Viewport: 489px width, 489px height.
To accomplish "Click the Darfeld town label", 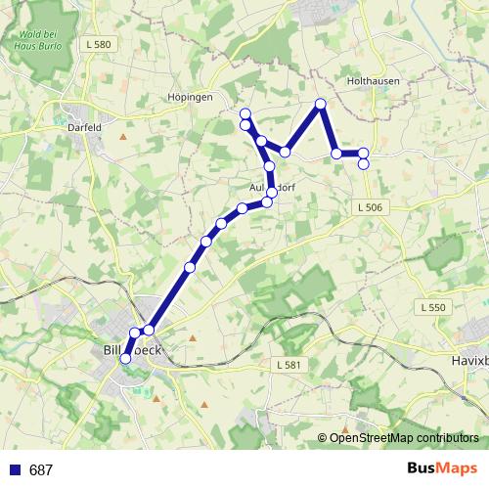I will click(83, 126).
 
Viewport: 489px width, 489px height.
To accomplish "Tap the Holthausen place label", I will click(369, 81).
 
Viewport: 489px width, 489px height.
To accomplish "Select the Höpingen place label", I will click(190, 99).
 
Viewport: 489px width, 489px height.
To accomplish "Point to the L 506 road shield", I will click(370, 207).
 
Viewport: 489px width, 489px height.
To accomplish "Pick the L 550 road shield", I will click(431, 307).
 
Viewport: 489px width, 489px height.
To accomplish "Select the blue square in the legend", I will click(14, 469).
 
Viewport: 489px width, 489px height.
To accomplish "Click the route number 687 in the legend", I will click(41, 470).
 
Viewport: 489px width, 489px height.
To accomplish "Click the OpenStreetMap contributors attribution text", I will click(404, 438).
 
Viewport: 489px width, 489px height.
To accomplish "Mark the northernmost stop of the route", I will click(320, 104).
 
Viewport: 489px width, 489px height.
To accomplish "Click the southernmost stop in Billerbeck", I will click(125, 359).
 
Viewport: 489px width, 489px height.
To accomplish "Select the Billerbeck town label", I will click(137, 349).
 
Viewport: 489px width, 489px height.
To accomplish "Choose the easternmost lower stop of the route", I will click(364, 163).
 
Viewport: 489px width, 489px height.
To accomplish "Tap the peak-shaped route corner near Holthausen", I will click(320, 104).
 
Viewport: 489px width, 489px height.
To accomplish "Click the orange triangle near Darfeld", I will click(122, 136).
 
